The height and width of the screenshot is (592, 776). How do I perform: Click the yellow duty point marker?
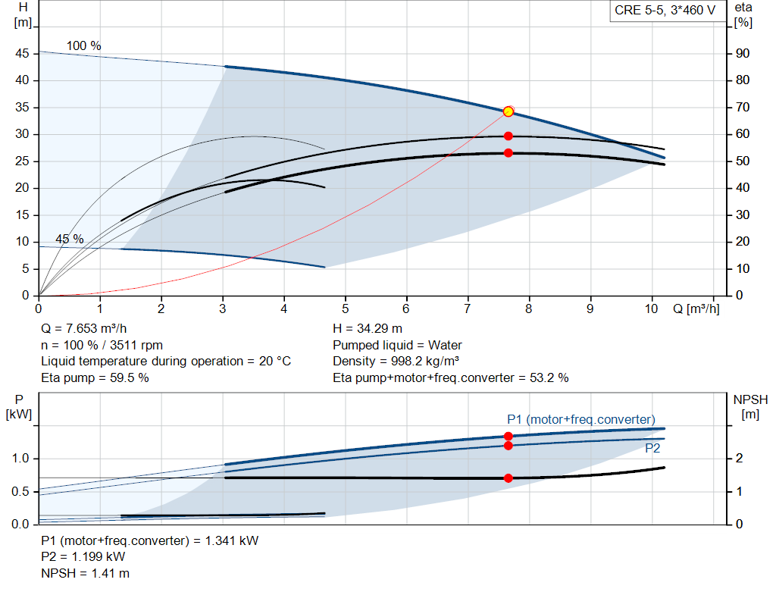508,112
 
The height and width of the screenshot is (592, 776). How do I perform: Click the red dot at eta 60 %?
508,136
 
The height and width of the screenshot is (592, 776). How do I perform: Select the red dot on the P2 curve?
508,446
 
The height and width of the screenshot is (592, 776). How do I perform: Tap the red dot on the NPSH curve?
508,478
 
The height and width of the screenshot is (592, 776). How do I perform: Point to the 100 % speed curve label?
83,46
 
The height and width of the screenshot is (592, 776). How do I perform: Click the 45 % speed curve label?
69,239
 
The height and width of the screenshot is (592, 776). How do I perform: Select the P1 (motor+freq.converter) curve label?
581,420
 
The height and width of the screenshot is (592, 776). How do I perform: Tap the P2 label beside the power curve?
652,449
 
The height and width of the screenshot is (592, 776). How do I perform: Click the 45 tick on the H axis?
22,54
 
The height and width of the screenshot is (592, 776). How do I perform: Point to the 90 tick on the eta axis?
743,54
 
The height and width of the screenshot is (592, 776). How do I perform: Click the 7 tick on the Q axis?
467,309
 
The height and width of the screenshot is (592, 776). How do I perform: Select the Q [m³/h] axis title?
696,309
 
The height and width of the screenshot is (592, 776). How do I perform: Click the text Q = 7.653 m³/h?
83,329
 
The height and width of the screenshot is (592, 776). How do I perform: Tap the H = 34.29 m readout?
368,329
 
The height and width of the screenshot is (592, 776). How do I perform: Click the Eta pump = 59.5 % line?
95,378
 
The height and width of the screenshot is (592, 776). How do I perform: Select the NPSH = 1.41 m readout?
85,574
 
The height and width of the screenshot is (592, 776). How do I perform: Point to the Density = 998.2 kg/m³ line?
396,362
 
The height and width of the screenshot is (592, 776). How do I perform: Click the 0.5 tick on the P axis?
20,491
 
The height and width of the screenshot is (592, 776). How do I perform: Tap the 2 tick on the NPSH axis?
739,459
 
